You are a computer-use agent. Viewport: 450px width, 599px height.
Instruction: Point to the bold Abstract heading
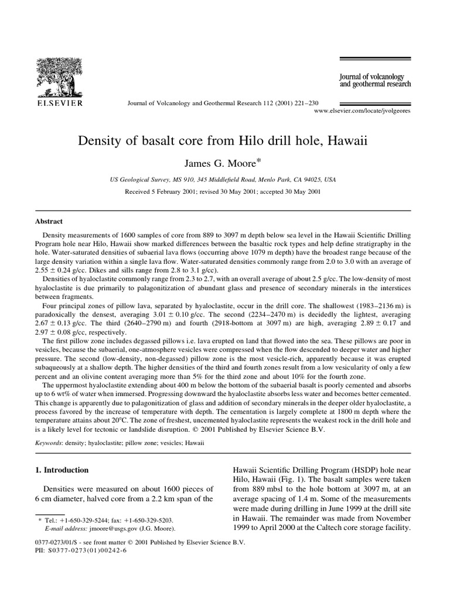pos(50,222)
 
